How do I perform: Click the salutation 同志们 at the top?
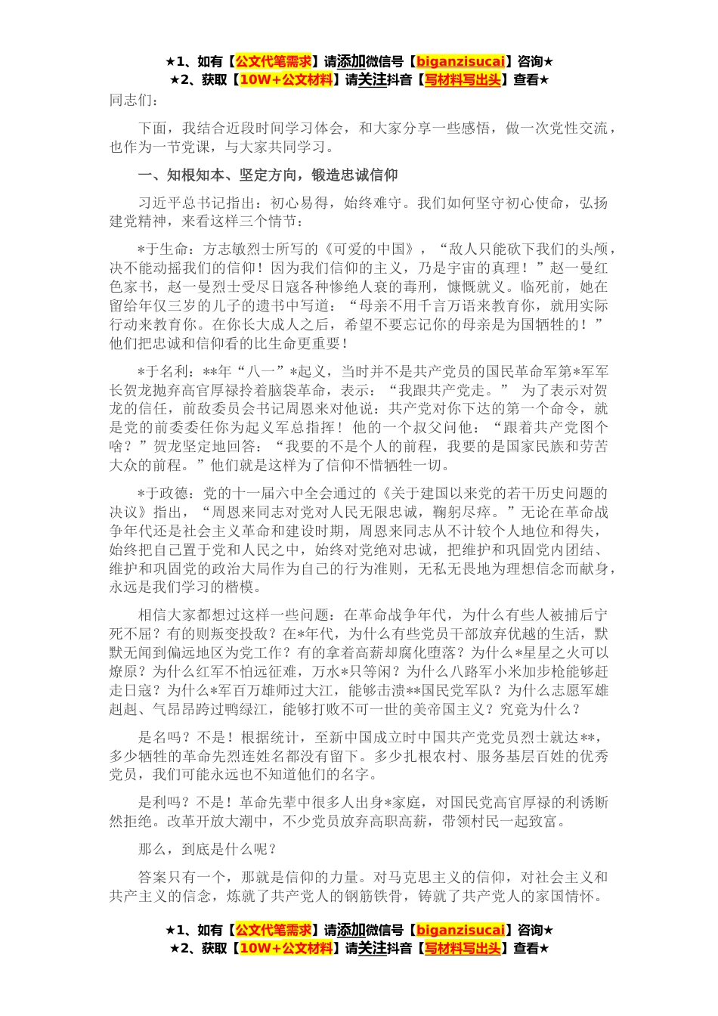pos(134,100)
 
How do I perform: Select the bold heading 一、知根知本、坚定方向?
pos(268,175)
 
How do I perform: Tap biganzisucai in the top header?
pos(460,61)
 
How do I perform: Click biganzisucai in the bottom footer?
pos(460,930)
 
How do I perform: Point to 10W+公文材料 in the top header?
pos(285,80)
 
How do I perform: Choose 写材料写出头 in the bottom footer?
pos(463,949)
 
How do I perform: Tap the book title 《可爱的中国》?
pos(372,249)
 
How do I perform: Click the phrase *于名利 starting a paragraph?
pos(162,372)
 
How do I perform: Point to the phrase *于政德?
pos(162,494)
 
